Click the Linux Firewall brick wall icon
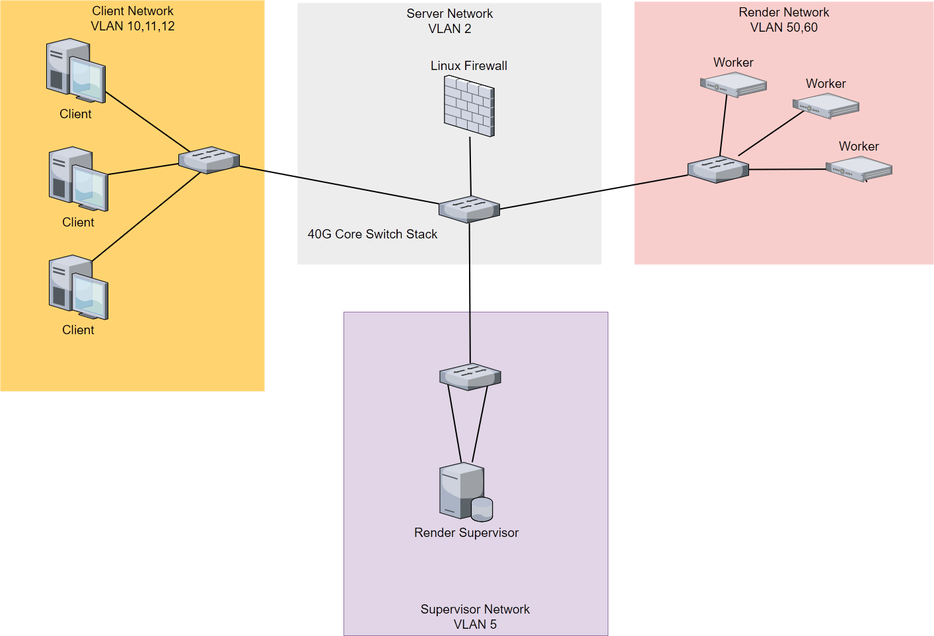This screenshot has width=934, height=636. pyautogui.click(x=469, y=106)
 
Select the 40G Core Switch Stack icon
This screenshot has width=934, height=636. pyautogui.click(x=469, y=209)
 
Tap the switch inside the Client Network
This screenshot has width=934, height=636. pyautogui.click(x=209, y=160)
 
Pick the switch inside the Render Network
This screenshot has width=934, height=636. pyautogui.click(x=718, y=169)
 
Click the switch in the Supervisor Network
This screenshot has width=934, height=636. pyautogui.click(x=470, y=376)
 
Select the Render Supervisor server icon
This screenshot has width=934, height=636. pyautogui.click(x=462, y=490)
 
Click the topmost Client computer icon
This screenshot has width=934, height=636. pyautogui.click(x=75, y=71)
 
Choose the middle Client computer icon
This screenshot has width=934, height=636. pyautogui.click(x=78, y=180)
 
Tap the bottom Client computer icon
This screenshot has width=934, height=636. pyautogui.click(x=78, y=288)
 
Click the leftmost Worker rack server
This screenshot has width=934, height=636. pyautogui.click(x=733, y=85)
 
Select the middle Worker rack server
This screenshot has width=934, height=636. pyautogui.click(x=826, y=106)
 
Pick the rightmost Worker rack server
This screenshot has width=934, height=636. pyautogui.click(x=859, y=169)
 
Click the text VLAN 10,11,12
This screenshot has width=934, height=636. pyautogui.click(x=133, y=26)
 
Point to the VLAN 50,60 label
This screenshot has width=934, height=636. pyautogui.click(x=783, y=28)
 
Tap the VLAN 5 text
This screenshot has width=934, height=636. pyautogui.click(x=475, y=624)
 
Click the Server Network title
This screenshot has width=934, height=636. pyautogui.click(x=449, y=14)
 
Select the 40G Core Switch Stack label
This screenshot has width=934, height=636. pyautogui.click(x=372, y=234)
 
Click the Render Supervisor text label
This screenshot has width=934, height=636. pyautogui.click(x=466, y=533)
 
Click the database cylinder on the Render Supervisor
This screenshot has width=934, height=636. pyautogui.click(x=482, y=509)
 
